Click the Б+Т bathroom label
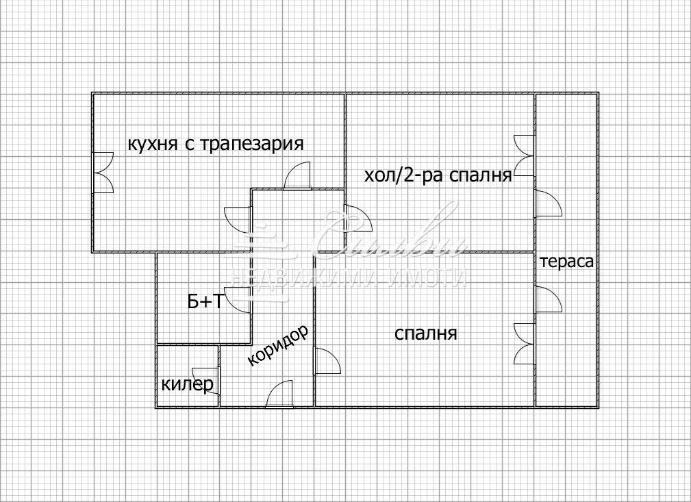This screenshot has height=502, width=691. [205, 301]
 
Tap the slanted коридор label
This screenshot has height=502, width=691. [277, 345]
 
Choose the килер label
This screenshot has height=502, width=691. [187, 385]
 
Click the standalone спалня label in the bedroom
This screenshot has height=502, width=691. [426, 334]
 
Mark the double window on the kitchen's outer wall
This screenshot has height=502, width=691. [103, 173]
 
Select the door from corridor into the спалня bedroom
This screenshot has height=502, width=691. [326, 361]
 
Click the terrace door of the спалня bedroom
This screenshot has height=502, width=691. [547, 301]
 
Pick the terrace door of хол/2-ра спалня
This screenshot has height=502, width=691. [547, 203]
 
